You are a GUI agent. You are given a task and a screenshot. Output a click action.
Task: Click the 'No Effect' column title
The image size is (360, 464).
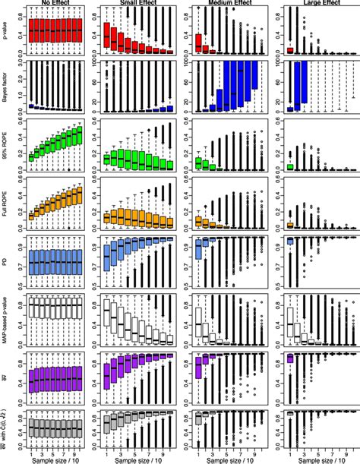pos(56,3)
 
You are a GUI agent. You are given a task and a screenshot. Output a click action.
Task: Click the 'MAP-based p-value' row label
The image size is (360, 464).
pos(7,319)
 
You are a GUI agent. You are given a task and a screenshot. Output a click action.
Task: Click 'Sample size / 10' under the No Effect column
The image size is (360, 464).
pos(56,459)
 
